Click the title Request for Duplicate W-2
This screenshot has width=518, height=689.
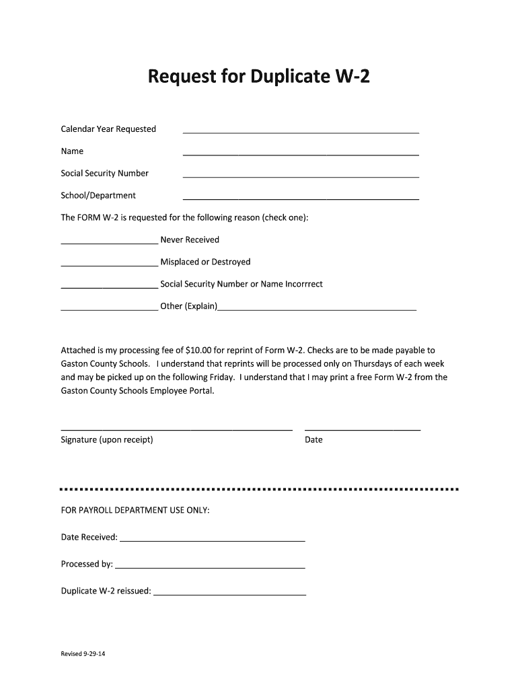(259, 80)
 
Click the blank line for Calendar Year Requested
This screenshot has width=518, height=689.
(301, 133)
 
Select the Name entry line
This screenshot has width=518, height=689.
(301, 155)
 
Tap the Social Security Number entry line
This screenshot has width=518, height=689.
(301, 177)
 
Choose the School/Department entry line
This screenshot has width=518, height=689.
(301, 199)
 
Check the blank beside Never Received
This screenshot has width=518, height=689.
(109, 243)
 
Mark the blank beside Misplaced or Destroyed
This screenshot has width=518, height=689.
(109, 265)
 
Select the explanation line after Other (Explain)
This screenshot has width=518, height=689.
(318, 310)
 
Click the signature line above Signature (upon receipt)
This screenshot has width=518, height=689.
(176, 429)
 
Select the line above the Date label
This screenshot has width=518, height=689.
(363, 429)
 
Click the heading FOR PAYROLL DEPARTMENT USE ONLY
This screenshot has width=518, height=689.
(135, 511)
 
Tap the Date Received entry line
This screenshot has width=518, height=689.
(212, 540)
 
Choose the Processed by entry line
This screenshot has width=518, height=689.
(209, 567)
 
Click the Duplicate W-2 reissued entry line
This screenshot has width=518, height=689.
(229, 595)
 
